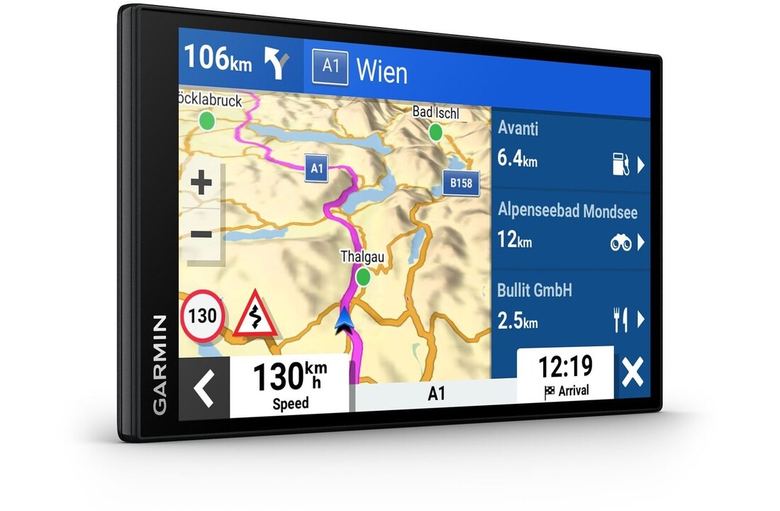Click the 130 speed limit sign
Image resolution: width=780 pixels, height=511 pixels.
click(x=203, y=315)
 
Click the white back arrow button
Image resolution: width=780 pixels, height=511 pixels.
click(x=204, y=388)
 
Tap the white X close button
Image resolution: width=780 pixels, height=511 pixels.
click(x=632, y=373)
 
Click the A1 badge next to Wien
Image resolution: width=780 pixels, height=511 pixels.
click(x=330, y=67)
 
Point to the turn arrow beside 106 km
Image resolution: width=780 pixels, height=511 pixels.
click(x=277, y=62)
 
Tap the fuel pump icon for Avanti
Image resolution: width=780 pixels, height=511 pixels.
click(x=620, y=164)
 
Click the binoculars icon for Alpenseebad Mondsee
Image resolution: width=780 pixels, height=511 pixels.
click(x=620, y=243)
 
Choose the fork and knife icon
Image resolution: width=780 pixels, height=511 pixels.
click(x=620, y=321)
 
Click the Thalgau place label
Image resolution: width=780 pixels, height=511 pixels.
click(x=362, y=256)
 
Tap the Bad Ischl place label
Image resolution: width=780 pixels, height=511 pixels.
click(x=435, y=113)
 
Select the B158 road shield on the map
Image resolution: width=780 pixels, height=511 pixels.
click(x=461, y=183)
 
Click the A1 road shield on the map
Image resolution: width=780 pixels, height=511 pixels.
click(x=317, y=168)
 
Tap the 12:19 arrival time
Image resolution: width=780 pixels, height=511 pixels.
click(x=564, y=367)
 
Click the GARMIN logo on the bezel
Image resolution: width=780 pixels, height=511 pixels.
click(x=160, y=364)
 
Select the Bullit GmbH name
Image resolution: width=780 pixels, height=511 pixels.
click(x=535, y=290)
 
